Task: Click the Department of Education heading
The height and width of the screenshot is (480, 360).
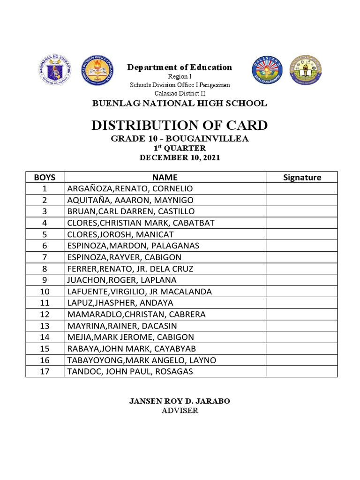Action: click(180, 67)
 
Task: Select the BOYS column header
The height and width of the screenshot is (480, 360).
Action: click(45, 177)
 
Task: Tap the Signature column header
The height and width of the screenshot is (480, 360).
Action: click(302, 177)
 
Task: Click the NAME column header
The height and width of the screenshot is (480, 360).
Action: click(165, 177)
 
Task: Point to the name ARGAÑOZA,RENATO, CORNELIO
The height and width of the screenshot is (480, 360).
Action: click(130, 188)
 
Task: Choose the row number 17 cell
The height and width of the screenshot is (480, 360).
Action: click(45, 372)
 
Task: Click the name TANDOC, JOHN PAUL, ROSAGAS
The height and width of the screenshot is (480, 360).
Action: click(130, 372)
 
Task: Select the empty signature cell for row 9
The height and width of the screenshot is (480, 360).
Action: click(302, 280)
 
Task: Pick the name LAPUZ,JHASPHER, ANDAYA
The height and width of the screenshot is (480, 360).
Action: click(120, 303)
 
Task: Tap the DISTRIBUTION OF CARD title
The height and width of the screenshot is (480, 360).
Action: click(180, 125)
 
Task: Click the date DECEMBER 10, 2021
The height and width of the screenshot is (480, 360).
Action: click(180, 157)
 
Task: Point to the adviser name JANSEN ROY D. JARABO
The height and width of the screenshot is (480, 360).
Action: click(180, 401)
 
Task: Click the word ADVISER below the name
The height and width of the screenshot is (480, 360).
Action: click(180, 411)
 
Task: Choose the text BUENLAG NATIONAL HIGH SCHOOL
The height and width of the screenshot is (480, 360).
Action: click(180, 103)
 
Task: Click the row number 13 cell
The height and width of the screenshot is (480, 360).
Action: click(45, 326)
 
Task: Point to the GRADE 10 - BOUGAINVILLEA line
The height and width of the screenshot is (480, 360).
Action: click(180, 139)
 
